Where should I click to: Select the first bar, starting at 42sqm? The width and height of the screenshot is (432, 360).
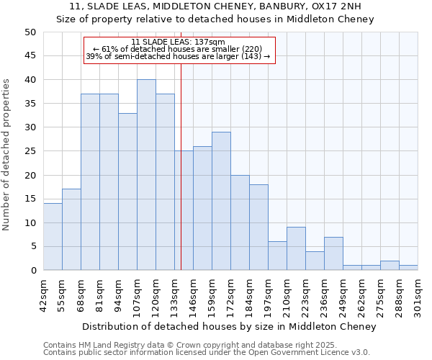click(x=53, y=237)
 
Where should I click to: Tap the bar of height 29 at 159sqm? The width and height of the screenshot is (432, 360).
click(x=221, y=201)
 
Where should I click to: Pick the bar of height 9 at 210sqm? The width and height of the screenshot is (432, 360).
click(x=296, y=248)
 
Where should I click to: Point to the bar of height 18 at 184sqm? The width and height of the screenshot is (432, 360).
click(x=258, y=228)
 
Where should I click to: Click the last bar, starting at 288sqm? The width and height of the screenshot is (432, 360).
click(x=408, y=268)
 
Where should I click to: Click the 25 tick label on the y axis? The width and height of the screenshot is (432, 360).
click(x=30, y=151)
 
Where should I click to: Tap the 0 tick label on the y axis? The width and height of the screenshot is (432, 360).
click(x=33, y=271)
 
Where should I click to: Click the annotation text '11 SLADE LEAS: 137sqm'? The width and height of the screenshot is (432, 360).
click(x=179, y=42)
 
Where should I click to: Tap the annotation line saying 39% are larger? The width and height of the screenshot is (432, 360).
click(x=179, y=56)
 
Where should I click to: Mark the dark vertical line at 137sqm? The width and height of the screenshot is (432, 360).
click(x=181, y=180)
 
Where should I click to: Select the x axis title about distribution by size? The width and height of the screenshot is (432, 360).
click(x=230, y=327)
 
